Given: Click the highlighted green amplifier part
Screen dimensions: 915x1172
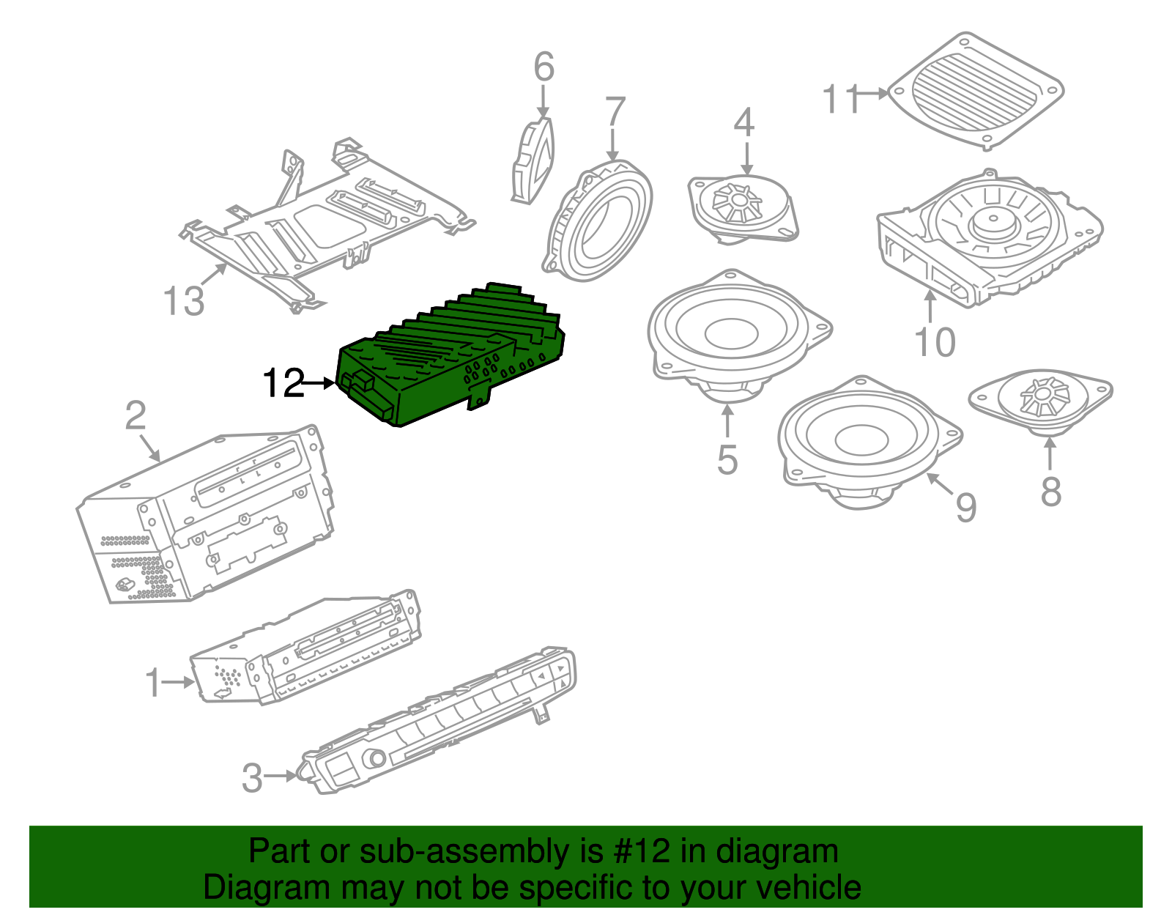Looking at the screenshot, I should click(x=454, y=359).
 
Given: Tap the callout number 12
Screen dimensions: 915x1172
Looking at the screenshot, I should click(x=283, y=383).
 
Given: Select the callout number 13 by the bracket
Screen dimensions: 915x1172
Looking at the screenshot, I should click(x=183, y=301).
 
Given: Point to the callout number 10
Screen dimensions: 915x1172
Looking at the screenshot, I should click(x=935, y=342).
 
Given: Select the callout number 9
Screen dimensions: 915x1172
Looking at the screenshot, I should click(x=966, y=507).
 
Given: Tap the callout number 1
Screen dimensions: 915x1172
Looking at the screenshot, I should click(x=152, y=683).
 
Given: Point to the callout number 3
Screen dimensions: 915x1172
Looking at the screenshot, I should click(x=251, y=778).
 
